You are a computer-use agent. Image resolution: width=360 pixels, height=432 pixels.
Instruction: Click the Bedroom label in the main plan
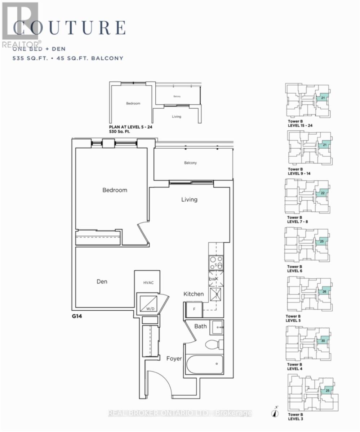(115, 190)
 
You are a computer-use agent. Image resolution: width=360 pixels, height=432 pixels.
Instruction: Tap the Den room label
(102, 282)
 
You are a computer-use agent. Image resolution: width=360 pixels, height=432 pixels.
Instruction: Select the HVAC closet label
(148, 283)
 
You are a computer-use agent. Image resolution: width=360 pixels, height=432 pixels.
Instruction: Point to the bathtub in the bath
(205, 365)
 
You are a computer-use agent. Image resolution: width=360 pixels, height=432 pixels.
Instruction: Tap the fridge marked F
(194, 309)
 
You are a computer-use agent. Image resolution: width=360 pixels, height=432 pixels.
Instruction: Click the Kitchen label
(194, 294)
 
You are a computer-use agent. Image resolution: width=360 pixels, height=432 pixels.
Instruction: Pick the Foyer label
(174, 359)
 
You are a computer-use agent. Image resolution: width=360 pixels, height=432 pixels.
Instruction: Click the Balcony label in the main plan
(190, 163)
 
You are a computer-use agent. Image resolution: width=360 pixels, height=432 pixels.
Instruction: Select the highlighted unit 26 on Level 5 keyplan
(324, 292)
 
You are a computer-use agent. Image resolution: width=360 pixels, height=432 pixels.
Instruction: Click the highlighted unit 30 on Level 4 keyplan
(323, 341)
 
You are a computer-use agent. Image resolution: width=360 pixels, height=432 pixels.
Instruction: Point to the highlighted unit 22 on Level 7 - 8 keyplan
(323, 194)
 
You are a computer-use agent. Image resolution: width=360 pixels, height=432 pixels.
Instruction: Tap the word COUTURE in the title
(70, 28)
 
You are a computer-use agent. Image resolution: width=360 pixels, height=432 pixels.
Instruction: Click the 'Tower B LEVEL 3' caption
(295, 417)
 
